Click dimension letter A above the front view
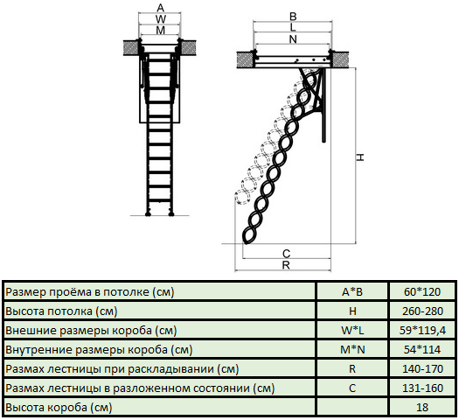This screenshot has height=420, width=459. pos(160,8)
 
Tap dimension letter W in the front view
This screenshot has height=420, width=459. pos(160,19)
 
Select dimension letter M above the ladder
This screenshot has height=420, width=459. pos(160,31)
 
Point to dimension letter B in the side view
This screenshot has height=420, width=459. pos(293,17)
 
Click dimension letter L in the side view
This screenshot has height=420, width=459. pos(293,27)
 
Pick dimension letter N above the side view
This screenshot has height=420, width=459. pos(293,39)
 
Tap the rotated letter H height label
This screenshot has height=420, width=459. pos(360,157)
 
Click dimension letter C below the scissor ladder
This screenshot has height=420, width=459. pos(286,254)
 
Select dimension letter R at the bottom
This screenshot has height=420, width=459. pos(286,265)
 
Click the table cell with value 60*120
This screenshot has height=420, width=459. pos(422,291)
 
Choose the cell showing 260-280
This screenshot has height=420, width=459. pos(422,311)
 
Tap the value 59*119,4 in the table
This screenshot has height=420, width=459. pos(422,331)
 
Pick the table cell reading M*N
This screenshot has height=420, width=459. pos(352,349)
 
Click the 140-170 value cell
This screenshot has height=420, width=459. pos(422,368)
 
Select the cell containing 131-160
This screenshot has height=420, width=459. pos(422,388)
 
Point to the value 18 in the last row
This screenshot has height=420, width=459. pos(422,407)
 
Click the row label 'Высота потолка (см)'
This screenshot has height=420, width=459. pos(61,311)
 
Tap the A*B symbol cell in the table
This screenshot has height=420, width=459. pos(352,291)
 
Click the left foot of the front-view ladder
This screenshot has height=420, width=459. pos(148,214)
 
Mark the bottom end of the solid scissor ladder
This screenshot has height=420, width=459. pos(246,242)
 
